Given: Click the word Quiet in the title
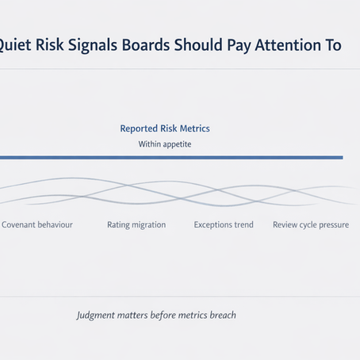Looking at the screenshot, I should tap(17, 46).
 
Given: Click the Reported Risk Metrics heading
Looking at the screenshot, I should tap(165, 128).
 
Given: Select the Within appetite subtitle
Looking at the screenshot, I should tap(165, 144).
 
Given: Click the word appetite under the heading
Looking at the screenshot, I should tap(176, 144).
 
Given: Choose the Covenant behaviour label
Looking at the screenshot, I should tap(37, 225).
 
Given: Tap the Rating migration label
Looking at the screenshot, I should tap(136, 225).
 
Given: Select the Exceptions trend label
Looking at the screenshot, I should tap(224, 225).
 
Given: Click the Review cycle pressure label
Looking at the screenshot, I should tap(311, 225).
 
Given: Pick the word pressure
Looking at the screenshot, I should tap(332, 225).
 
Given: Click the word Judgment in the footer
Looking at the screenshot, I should tap(96, 315).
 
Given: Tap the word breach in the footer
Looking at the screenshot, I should tap(221, 315).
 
